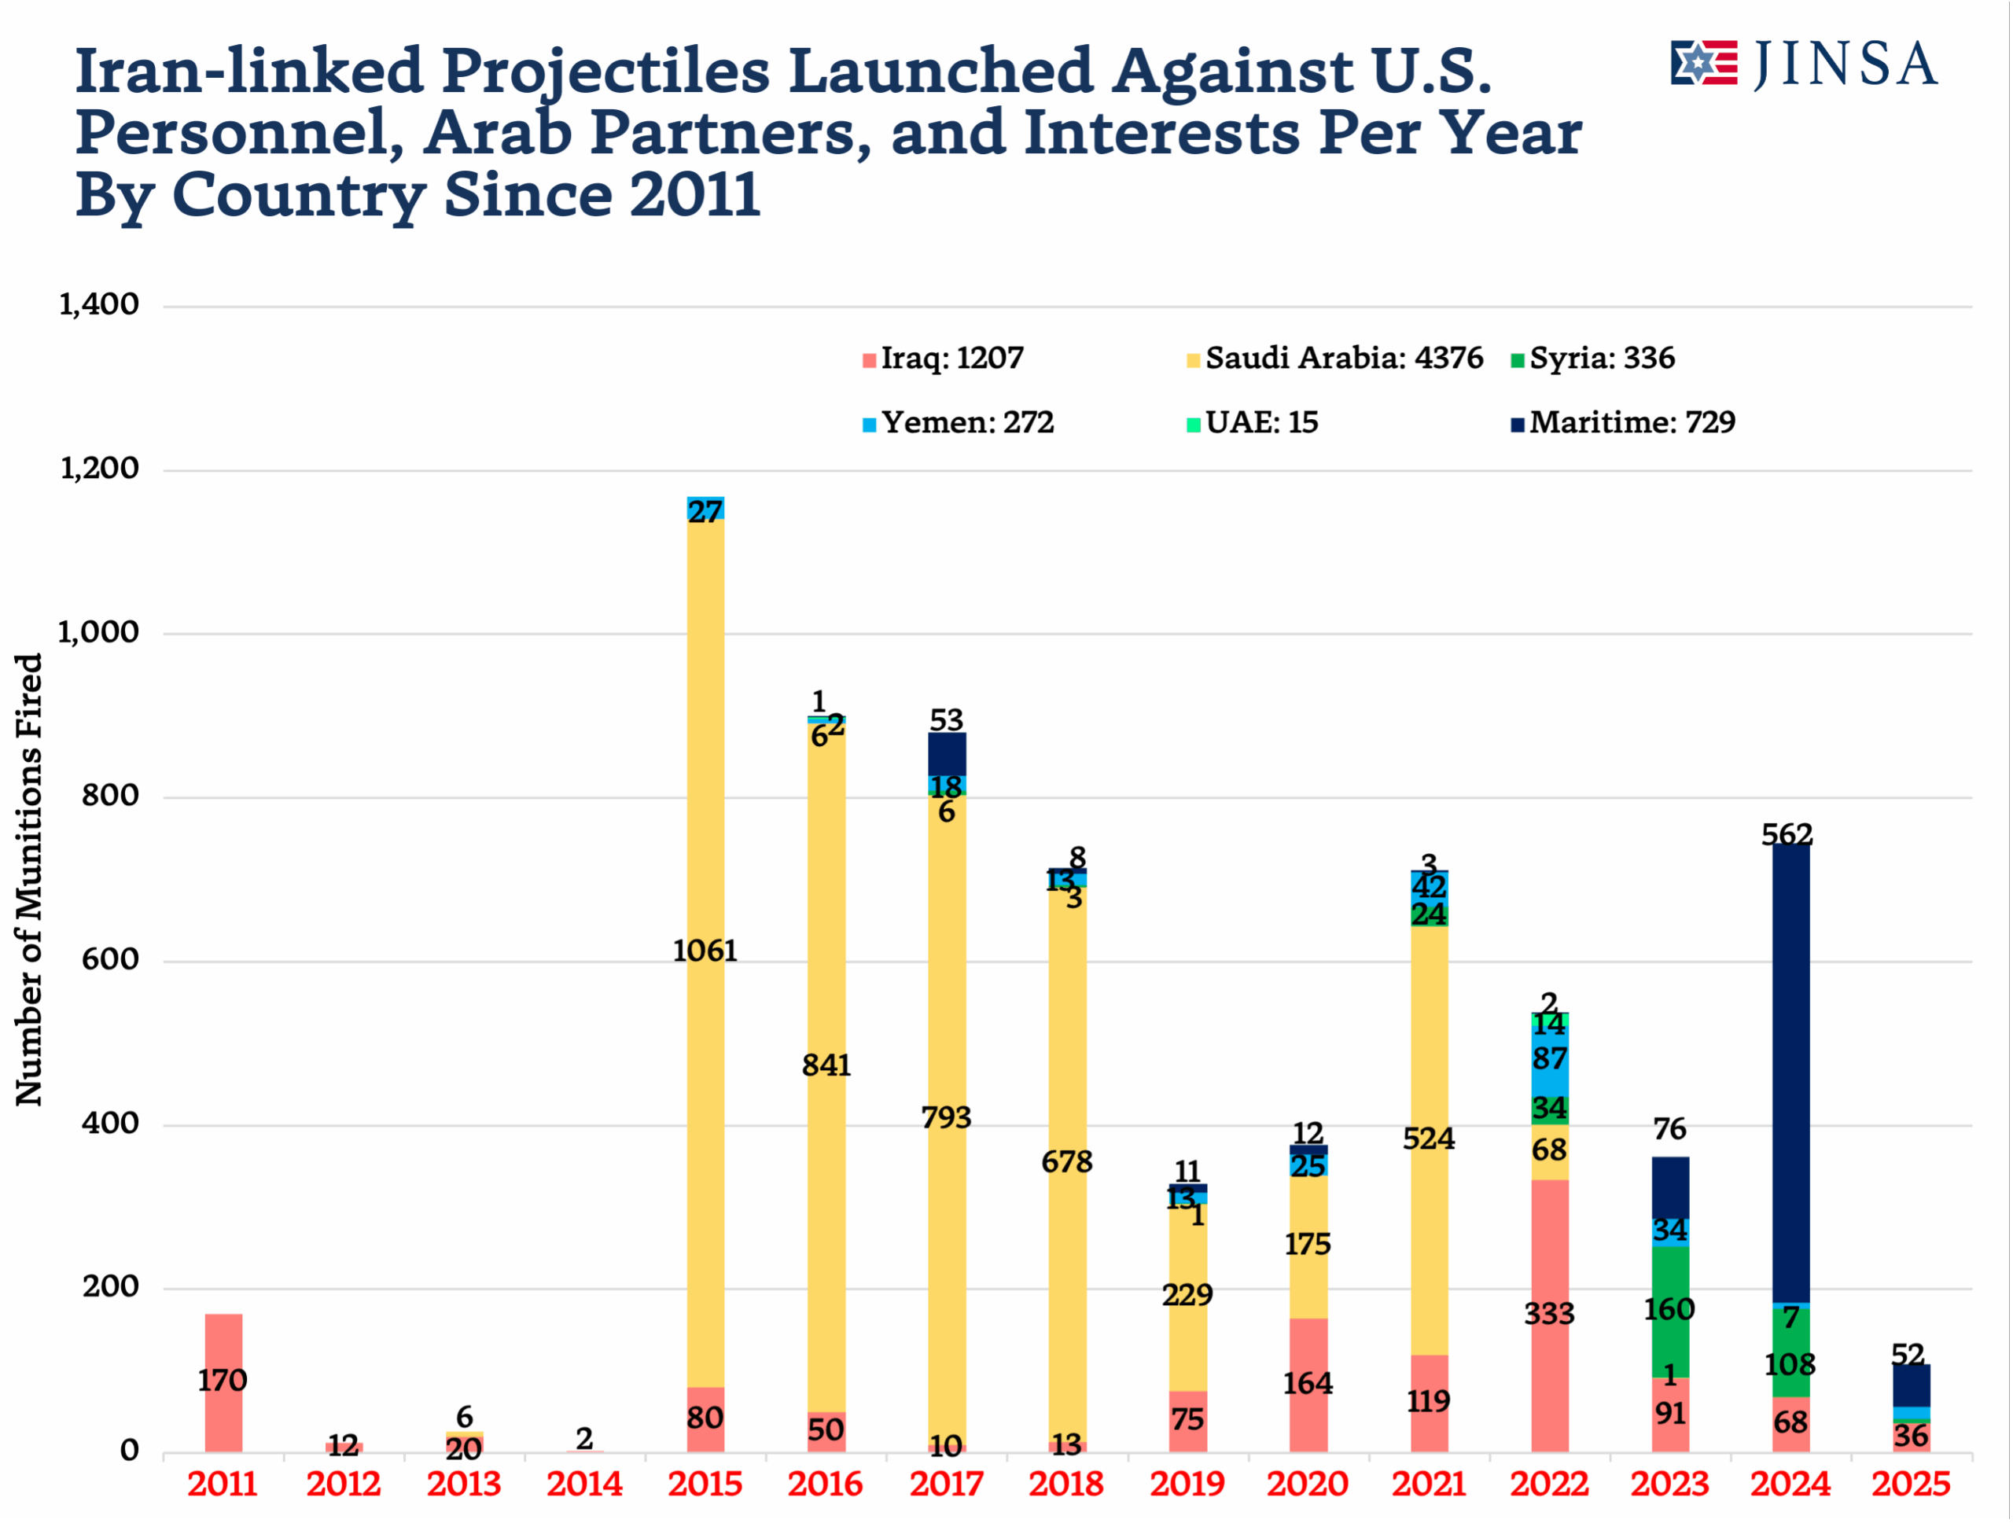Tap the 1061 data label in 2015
click(705, 951)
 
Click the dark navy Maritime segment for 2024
click(1790, 1073)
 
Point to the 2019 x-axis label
click(1187, 1484)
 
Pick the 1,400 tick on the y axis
click(99, 305)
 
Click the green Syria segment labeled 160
click(1670, 1310)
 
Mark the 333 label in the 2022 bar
click(1549, 1314)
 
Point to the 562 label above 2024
click(1787, 834)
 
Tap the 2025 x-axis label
click(1910, 1484)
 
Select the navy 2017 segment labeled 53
click(947, 753)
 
